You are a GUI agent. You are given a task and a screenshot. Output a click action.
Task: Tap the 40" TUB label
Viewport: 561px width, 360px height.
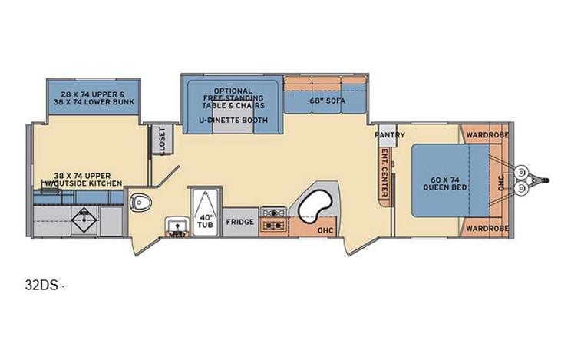[x=205, y=220]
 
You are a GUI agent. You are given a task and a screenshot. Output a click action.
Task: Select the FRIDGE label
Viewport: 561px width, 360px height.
[x=239, y=222]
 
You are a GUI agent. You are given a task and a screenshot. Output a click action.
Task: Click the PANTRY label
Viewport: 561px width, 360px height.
[x=384, y=134]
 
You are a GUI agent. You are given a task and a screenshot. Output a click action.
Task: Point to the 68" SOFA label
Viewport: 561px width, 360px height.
[x=325, y=100]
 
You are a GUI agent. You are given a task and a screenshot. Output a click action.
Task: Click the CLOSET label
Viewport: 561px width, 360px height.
[x=160, y=140]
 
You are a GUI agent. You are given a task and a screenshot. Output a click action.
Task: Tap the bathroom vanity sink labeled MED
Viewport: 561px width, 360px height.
[x=177, y=227]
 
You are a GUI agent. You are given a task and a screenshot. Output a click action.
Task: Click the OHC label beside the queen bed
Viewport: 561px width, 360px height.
[x=500, y=183]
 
